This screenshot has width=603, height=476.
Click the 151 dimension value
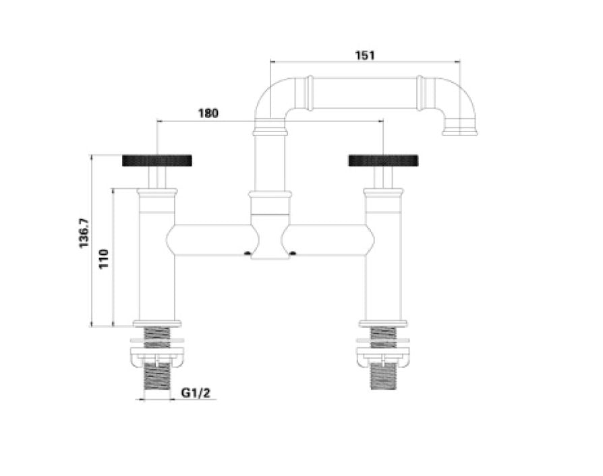click(364, 55)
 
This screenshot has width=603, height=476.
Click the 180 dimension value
click(208, 113)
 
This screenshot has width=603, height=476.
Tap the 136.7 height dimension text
click(84, 233)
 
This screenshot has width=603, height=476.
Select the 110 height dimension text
click(104, 258)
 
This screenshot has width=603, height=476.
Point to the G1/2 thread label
click(196, 393)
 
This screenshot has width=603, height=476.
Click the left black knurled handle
click(158, 160)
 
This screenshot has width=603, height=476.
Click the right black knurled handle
click(383, 160)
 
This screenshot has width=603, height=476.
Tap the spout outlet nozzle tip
click(460, 129)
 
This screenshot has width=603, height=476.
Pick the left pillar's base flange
click(158, 322)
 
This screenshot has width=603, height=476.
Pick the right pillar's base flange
click(383, 322)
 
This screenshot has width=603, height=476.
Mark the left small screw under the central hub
click(248, 254)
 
